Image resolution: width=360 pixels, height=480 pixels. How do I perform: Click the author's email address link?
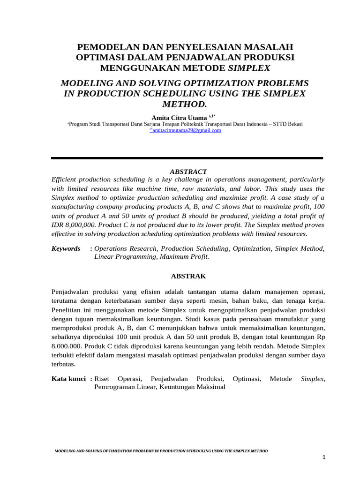(x=185, y=131)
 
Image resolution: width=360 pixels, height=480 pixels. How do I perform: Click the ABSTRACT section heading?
(x=187, y=172)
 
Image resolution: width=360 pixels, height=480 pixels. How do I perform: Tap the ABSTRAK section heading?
(x=187, y=277)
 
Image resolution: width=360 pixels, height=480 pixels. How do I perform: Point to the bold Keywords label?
(x=66, y=248)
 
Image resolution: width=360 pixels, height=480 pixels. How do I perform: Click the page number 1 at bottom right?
(x=323, y=457)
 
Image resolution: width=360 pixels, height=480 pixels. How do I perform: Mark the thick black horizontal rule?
(x=187, y=158)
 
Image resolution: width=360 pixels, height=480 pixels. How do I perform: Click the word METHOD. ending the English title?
(x=187, y=103)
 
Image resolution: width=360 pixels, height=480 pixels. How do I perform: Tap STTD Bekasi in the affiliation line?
(x=290, y=124)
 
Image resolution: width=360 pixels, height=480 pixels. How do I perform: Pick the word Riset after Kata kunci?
(x=102, y=379)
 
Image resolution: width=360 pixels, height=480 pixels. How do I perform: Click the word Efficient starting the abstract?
(x=66, y=180)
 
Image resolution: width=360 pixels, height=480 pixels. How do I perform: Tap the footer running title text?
(x=161, y=450)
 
